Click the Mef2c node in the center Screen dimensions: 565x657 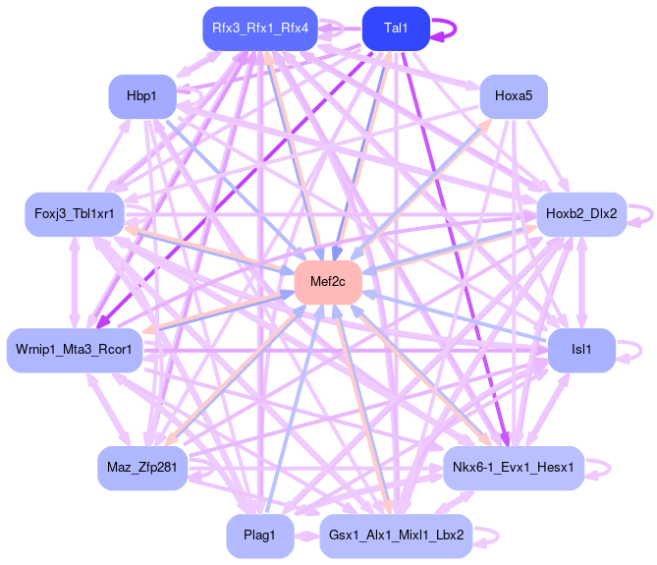(x=328, y=283)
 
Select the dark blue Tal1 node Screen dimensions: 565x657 (x=396, y=28)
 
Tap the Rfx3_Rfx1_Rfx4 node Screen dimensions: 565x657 (x=259, y=28)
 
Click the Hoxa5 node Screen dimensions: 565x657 (x=513, y=96)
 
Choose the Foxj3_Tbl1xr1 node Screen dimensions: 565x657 (x=74, y=213)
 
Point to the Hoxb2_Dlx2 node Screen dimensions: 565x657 (x=581, y=213)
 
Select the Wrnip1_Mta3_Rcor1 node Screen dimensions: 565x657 (x=75, y=349)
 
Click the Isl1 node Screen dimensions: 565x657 (x=581, y=350)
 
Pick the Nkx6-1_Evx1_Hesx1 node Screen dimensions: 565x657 (x=514, y=467)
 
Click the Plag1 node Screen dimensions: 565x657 (x=259, y=536)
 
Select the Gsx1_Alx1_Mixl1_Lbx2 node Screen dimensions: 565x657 (x=396, y=536)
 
